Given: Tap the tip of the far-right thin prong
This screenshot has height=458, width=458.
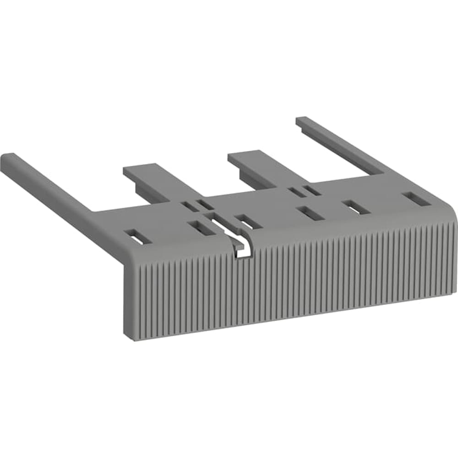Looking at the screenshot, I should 302,120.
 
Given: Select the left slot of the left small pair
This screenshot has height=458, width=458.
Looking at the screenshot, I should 187,207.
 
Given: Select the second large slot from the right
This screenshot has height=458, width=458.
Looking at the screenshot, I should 357,207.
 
